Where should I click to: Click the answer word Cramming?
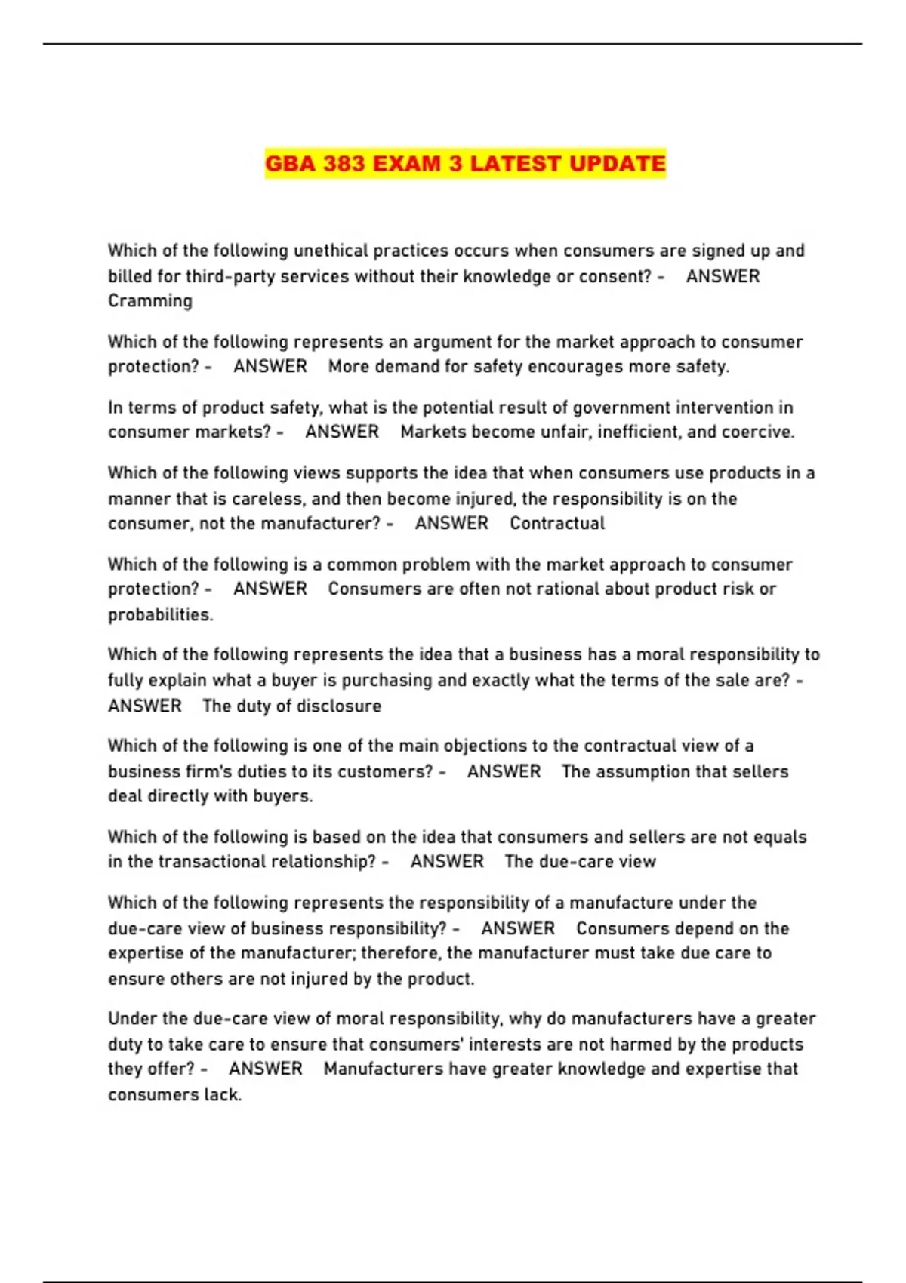coord(150,301)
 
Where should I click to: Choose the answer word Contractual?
coord(557,524)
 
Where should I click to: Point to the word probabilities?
coord(160,615)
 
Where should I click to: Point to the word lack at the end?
coord(224,1095)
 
